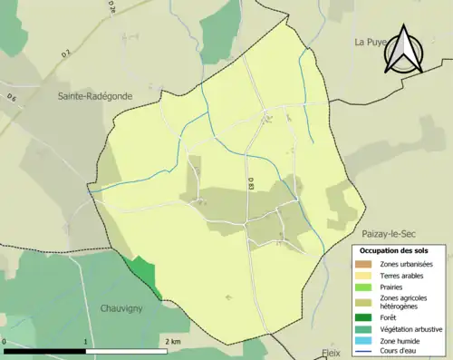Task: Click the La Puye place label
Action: pos(371,42)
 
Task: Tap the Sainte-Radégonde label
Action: pos(93,95)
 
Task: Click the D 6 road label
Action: pos(11,97)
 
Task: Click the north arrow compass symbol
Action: pos(402,47)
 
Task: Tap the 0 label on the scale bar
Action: pos(5,341)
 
